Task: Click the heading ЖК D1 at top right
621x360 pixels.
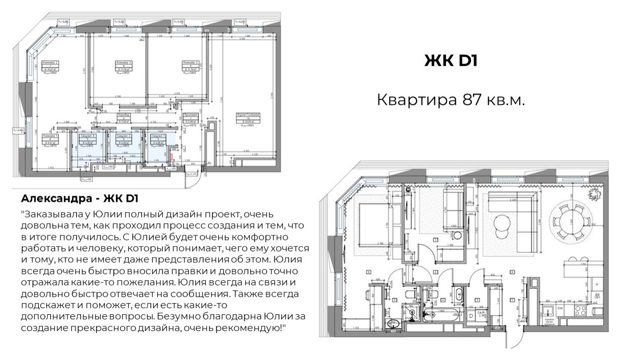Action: click(451, 61)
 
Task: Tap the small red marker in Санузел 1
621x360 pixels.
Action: click(171, 148)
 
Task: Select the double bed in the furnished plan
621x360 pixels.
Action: click(375, 223)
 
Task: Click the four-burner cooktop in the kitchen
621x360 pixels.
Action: click(580, 310)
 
